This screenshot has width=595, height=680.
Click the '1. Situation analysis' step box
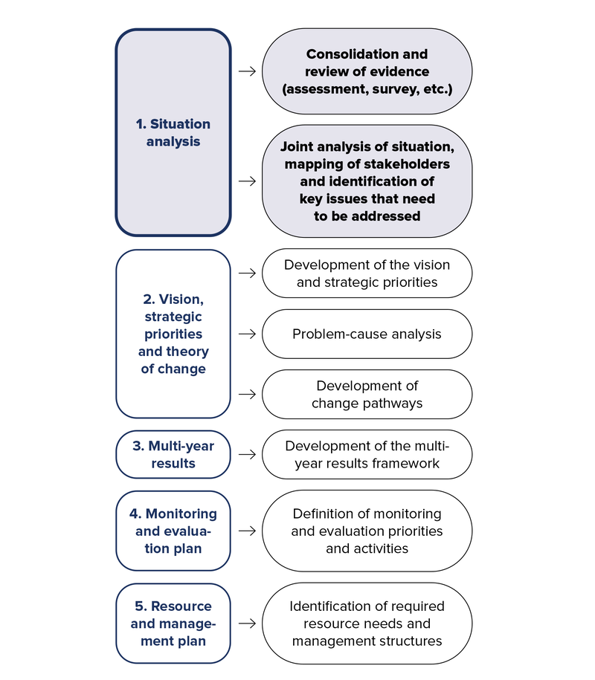[x=173, y=132]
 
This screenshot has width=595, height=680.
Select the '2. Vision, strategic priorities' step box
[x=173, y=334]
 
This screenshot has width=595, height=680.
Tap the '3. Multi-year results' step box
[x=173, y=454]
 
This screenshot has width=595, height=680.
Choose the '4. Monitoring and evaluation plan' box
[x=173, y=531]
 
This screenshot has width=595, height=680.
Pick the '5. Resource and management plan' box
[x=173, y=624]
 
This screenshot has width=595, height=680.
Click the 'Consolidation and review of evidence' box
[x=367, y=72]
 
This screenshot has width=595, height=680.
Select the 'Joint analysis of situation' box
[x=367, y=181]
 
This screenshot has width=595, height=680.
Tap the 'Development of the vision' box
[x=367, y=273]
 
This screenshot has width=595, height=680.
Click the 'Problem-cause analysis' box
[x=367, y=334]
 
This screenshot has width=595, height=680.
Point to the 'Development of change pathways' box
[x=367, y=394]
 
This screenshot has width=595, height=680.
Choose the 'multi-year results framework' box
[x=367, y=454]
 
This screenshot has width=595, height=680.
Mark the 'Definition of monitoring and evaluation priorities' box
[x=367, y=531]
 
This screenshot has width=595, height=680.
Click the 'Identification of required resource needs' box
[x=367, y=624]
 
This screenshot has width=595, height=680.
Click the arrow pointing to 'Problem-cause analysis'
[x=247, y=334]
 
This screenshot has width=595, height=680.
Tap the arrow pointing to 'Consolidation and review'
[x=247, y=72]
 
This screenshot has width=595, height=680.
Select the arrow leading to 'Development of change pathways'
[x=247, y=394]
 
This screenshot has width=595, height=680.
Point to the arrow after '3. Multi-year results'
[x=247, y=454]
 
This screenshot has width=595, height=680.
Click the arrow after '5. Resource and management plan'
[x=247, y=624]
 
